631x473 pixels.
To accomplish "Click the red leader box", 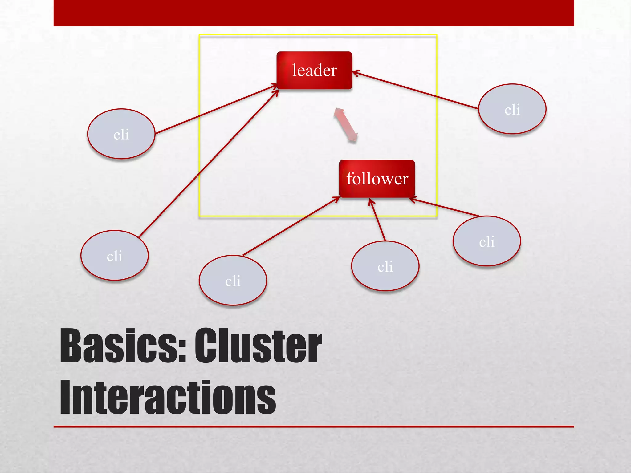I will coord(314,71).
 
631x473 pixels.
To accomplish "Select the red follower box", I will coord(377,179).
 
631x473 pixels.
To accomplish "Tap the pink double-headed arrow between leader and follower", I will coord(346,125).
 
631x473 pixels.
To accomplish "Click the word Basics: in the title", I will coord(123,346).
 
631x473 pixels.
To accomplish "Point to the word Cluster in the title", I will coord(258,346).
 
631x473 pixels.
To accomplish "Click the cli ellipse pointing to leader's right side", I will coord(512,109).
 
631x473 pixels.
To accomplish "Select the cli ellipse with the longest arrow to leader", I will coord(115,255).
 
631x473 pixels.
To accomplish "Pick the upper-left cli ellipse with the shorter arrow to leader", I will coord(121,134).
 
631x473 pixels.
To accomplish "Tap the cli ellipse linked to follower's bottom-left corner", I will coord(233,280).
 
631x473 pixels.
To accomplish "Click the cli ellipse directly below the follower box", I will coord(385,266).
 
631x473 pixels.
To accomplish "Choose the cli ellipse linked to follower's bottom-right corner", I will coord(487,241).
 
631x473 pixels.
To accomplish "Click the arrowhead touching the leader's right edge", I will coord(355,73).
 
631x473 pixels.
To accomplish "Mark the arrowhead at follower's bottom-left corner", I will coord(336,199).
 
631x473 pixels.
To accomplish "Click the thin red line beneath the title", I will coord(314,427).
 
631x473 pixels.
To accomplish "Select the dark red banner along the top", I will coord(314,13).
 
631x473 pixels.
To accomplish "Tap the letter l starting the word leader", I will coord(294,70).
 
